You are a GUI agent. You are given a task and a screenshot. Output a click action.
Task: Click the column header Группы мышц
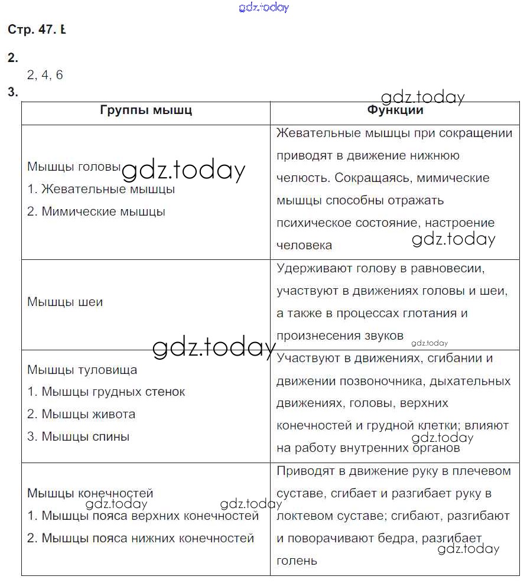click(x=146, y=110)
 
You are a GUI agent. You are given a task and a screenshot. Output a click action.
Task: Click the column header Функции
click(x=395, y=110)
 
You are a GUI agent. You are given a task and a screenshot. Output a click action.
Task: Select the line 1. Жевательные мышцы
click(x=101, y=190)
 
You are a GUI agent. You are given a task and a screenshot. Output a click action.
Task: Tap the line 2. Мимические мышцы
click(x=96, y=211)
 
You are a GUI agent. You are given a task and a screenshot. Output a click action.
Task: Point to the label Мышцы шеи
click(x=65, y=302)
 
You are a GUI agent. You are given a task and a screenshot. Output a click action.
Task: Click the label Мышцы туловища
click(x=82, y=370)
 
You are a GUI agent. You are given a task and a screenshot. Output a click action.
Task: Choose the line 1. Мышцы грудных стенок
click(x=106, y=392)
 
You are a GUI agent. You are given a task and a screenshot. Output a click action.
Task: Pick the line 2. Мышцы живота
click(x=82, y=414)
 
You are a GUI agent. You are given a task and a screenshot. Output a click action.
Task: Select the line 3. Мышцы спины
click(x=79, y=437)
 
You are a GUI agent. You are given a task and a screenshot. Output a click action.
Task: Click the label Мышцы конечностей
click(x=90, y=493)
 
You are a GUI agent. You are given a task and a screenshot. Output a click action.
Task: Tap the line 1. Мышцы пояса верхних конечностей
click(x=143, y=516)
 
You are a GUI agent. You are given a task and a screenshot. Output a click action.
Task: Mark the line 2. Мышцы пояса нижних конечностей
click(x=141, y=538)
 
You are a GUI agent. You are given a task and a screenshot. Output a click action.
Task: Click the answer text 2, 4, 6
click(x=45, y=75)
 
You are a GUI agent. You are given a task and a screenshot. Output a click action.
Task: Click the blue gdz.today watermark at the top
click(x=263, y=7)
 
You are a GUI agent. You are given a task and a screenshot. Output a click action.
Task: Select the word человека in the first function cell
click(x=304, y=245)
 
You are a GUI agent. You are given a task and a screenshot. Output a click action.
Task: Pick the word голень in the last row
click(x=297, y=561)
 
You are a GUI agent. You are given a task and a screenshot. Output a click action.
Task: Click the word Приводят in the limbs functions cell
click(x=303, y=471)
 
